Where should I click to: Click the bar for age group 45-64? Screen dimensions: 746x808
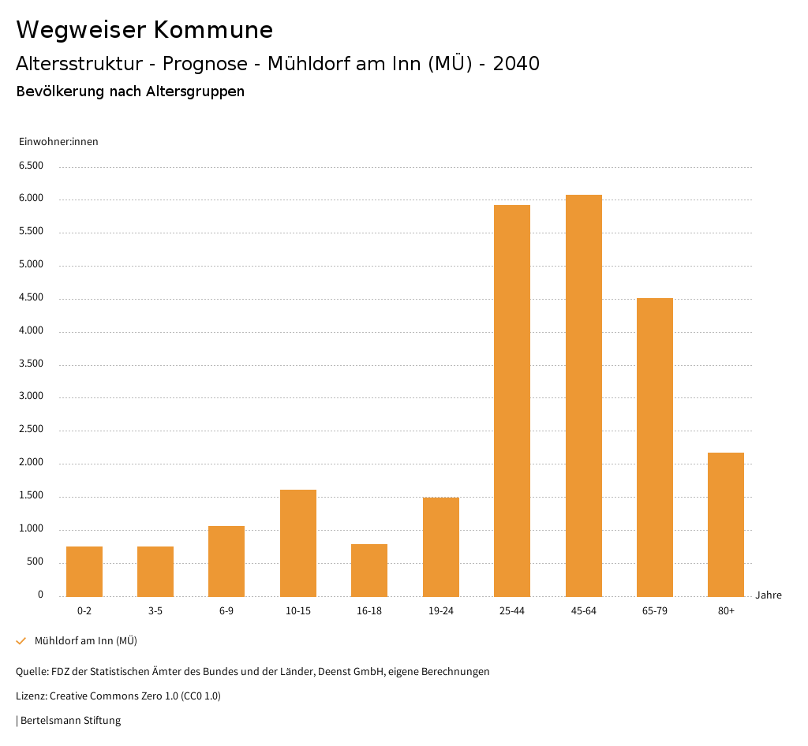point(583,395)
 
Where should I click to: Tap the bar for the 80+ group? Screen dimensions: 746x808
point(726,524)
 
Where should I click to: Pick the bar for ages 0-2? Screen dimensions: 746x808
point(84,571)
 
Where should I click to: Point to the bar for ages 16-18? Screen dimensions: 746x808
point(369,570)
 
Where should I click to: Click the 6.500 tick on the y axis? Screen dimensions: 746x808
point(31,166)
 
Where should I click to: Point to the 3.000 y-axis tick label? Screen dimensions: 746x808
point(31,397)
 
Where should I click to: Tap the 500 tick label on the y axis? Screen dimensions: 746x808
point(35,561)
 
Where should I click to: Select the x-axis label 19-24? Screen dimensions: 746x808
point(441,611)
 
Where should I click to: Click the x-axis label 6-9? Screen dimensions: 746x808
point(226,611)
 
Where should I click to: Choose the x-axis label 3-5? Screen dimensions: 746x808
point(155,611)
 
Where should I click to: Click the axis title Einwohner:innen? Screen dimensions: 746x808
point(58,142)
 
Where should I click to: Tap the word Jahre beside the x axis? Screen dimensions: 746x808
point(768,595)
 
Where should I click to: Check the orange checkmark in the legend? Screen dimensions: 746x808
point(21,641)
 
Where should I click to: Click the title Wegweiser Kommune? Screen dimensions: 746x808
point(144,30)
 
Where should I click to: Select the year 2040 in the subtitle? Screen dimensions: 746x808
point(516,64)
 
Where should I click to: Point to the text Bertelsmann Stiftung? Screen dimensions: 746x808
point(70,720)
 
